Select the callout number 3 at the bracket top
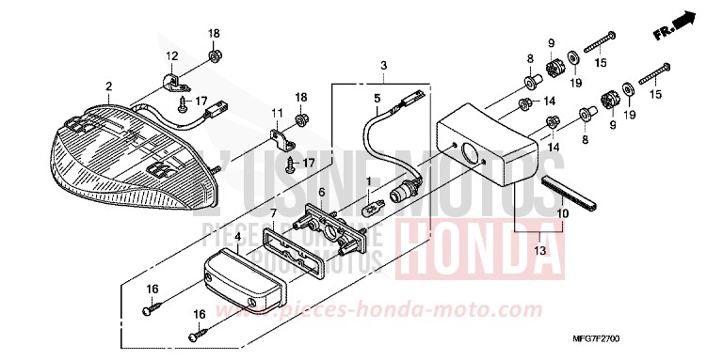tap(384, 64)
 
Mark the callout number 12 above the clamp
tap(172, 55)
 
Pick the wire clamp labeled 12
tap(172, 80)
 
